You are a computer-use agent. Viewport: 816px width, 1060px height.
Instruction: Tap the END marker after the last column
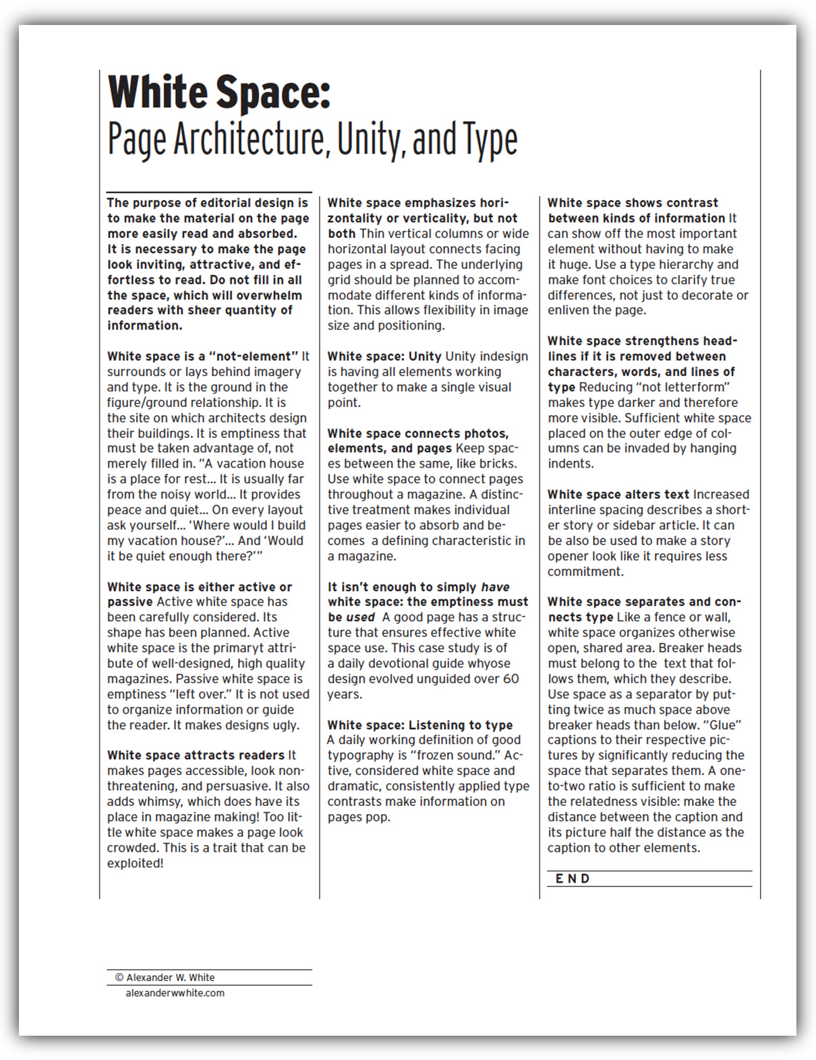[x=573, y=878]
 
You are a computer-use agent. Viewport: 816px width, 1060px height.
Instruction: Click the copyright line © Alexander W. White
[x=165, y=977]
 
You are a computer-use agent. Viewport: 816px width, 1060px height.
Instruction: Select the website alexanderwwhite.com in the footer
[x=175, y=993]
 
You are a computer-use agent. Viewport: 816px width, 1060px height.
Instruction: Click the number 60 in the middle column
[x=511, y=679]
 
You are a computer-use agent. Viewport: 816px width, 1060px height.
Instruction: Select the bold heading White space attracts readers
[x=196, y=755]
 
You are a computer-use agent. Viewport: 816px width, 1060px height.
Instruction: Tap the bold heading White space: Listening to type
[x=419, y=725]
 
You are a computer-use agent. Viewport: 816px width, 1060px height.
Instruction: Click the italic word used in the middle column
[x=360, y=617]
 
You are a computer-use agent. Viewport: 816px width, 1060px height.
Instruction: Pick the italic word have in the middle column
[x=495, y=587]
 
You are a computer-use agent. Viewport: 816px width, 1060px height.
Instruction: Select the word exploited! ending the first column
[x=135, y=863]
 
